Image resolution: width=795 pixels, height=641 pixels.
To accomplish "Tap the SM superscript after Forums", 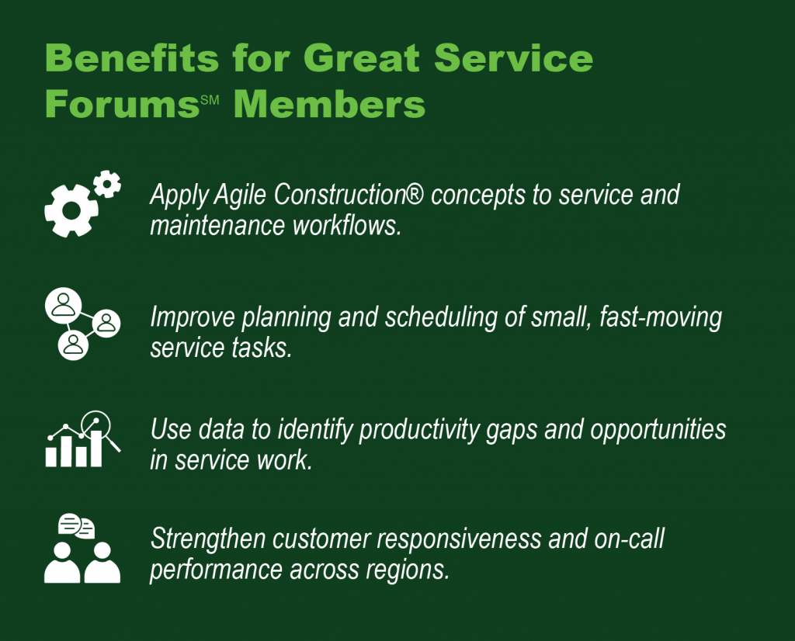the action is click(210, 99).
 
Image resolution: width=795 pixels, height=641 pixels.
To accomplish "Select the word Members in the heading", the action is click(329, 104).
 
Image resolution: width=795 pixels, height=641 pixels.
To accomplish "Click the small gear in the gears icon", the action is click(107, 184).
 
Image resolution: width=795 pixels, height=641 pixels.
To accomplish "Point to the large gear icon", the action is click(71, 211).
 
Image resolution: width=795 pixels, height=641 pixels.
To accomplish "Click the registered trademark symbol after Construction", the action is click(415, 195).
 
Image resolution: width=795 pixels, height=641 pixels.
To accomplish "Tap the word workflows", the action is click(347, 226).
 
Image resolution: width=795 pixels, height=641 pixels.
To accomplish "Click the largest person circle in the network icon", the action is click(64, 306).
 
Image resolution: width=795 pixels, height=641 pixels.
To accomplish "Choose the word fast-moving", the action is click(661, 317).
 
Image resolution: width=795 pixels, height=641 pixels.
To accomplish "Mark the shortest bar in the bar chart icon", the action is click(50, 456).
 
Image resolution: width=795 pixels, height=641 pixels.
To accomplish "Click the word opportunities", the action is click(658, 430).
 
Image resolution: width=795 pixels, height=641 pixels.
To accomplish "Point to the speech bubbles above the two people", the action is click(77, 526).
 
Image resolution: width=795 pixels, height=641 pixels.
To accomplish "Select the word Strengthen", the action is click(208, 539).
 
